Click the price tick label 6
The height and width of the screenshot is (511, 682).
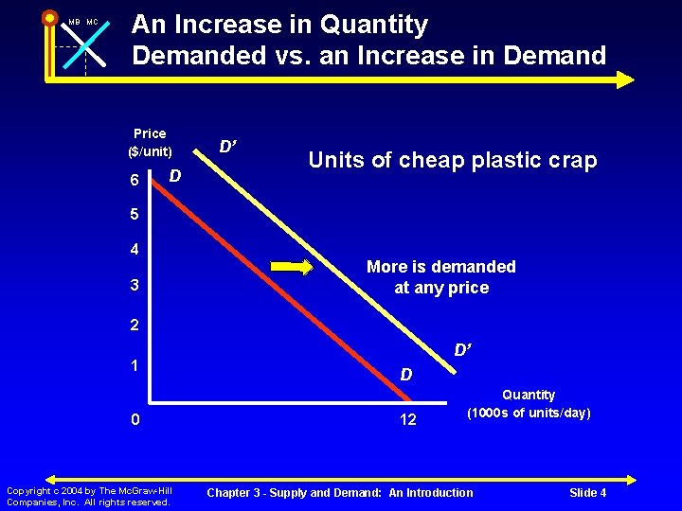pyautogui.click(x=135, y=180)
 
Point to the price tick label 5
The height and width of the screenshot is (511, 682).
pyautogui.click(x=135, y=215)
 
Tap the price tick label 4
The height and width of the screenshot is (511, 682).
pyautogui.click(x=135, y=251)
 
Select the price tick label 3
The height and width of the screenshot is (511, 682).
pyautogui.click(x=135, y=286)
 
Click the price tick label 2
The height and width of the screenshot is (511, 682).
pyautogui.click(x=135, y=325)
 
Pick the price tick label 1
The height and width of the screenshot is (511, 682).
pyautogui.click(x=135, y=364)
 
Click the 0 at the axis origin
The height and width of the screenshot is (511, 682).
pyautogui.click(x=135, y=419)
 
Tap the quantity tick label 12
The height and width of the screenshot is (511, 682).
pyautogui.click(x=407, y=419)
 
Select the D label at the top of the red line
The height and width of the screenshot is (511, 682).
pyautogui.click(x=175, y=175)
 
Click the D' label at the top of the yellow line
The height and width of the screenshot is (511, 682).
pyautogui.click(x=228, y=147)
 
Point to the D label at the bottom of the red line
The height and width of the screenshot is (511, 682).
pyautogui.click(x=405, y=376)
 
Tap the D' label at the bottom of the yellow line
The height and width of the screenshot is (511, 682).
pyautogui.click(x=463, y=350)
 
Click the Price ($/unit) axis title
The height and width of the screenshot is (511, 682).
pyautogui.click(x=150, y=142)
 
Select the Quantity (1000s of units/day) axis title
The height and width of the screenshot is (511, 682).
pyautogui.click(x=529, y=404)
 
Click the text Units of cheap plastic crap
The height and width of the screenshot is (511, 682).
pyautogui.click(x=453, y=161)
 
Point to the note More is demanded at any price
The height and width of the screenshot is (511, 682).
pyautogui.click(x=441, y=277)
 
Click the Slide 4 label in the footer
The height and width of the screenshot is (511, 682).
pyautogui.click(x=587, y=492)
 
